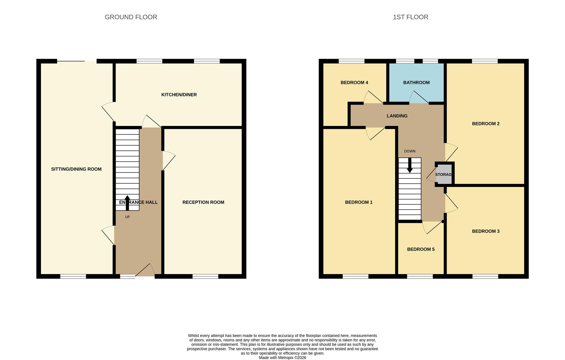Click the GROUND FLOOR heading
(131, 17)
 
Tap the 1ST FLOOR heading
(410, 17)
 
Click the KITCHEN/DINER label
(179, 95)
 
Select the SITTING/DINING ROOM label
(76, 169)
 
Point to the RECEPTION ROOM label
(203, 202)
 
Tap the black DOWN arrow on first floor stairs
(410, 165)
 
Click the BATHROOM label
(416, 82)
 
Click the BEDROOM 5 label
(421, 249)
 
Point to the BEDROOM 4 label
(354, 82)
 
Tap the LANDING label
(397, 116)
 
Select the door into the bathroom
(419, 98)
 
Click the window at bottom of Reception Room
(205, 276)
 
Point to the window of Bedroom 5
(420, 276)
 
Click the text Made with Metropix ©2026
(282, 358)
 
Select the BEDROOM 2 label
(485, 124)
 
